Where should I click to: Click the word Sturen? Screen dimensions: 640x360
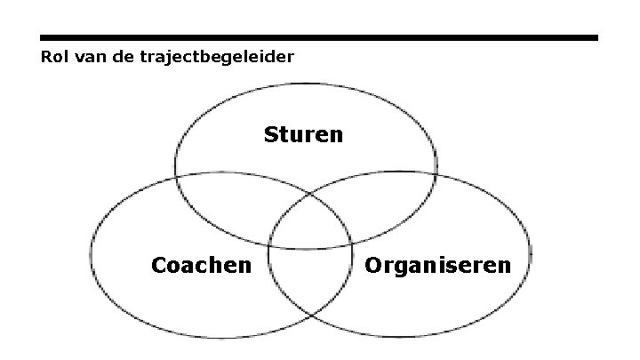coord(303,135)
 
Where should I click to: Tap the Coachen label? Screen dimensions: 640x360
coord(201,265)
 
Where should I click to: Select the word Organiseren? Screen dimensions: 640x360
coord(437,265)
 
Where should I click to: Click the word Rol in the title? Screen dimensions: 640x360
coord(53,57)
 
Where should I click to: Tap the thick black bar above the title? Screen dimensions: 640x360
coord(319,38)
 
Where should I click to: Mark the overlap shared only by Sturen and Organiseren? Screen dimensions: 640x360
coord(391,201)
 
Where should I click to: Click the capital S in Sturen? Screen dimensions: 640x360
coord(270,135)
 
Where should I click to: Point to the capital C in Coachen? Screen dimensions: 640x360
coord(159,265)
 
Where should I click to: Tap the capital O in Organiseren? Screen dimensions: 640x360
coord(372,265)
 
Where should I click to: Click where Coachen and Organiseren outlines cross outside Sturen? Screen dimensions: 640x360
coord(310,317)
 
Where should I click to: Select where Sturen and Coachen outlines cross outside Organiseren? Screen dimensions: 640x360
coord(175,178)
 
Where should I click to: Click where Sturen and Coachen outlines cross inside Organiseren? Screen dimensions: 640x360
coord(352,241)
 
